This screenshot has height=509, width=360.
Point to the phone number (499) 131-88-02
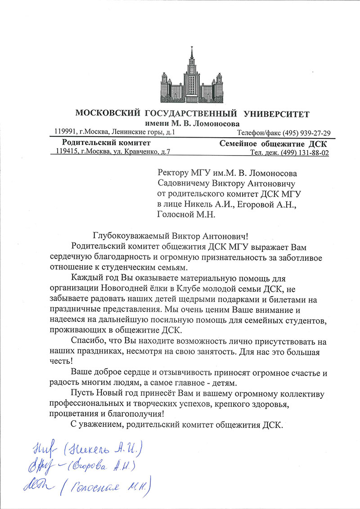click(x=305, y=153)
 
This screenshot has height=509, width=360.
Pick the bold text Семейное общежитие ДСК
click(x=274, y=143)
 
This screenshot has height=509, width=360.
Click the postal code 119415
click(x=67, y=152)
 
